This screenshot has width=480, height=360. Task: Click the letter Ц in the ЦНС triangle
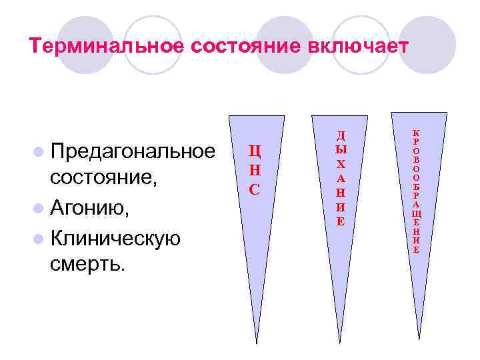point(255,151)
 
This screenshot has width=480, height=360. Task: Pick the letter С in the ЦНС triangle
point(254,189)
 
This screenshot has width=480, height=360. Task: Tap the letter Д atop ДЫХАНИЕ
point(341,136)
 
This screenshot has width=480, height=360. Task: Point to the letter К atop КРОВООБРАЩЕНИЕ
point(416,133)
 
